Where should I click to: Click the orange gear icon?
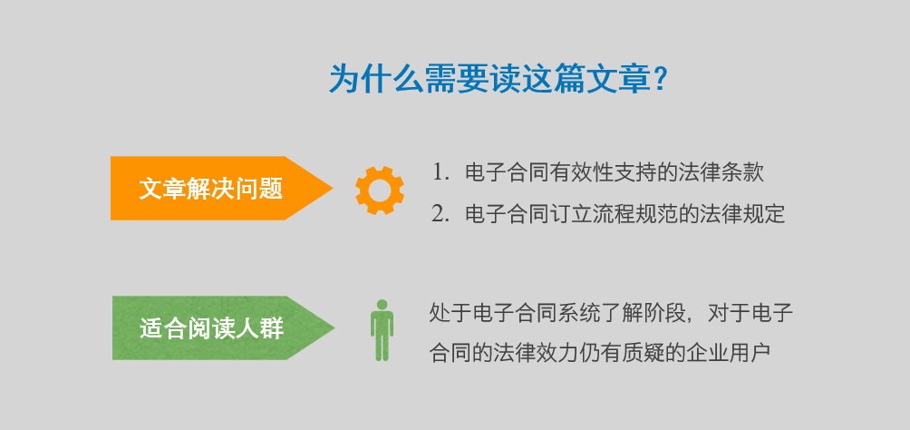[x=380, y=190]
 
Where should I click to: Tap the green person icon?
[x=382, y=330]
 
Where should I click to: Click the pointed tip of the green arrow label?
[x=334, y=327]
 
